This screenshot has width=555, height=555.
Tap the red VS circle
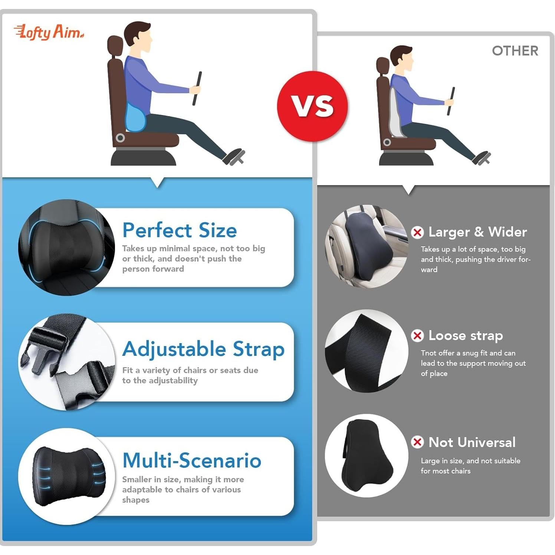(312, 106)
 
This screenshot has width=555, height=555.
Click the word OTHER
(515, 51)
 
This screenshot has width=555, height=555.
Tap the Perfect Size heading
(180, 230)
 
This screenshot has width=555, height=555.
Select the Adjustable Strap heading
(203, 349)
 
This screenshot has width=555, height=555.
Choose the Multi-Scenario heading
(192, 460)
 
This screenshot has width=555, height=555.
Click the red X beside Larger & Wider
(417, 233)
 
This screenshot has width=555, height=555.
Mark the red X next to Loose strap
(417, 336)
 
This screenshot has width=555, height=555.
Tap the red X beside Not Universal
(417, 442)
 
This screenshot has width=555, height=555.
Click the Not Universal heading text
(472, 442)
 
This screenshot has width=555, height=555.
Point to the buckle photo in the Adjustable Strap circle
(67, 362)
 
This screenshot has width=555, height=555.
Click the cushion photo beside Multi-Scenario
(67, 476)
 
